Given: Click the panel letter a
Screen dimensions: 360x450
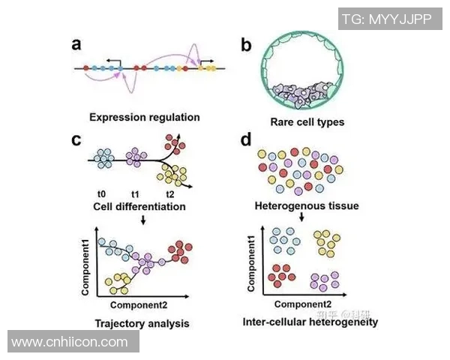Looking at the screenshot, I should coord(76,43).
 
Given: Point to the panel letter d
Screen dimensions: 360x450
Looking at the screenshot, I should coord(246,139).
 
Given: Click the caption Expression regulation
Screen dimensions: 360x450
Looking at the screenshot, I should coord(144,117).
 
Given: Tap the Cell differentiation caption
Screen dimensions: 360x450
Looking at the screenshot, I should coord(139,205).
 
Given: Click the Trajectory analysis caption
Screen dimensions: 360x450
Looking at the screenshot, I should coord(142,324).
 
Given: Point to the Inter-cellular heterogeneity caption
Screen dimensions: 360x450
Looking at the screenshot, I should coord(310,322).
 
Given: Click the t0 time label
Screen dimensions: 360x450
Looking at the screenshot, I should coord(102,193).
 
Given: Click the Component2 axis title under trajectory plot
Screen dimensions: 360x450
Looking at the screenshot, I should coord(139,306).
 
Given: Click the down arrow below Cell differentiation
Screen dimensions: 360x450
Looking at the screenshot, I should coord(142,220).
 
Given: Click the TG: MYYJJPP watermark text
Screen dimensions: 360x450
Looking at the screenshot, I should coord(386,19).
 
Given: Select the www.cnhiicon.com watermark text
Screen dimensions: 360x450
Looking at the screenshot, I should coord(70,342).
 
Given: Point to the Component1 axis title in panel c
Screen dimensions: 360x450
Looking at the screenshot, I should coord(88,265).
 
